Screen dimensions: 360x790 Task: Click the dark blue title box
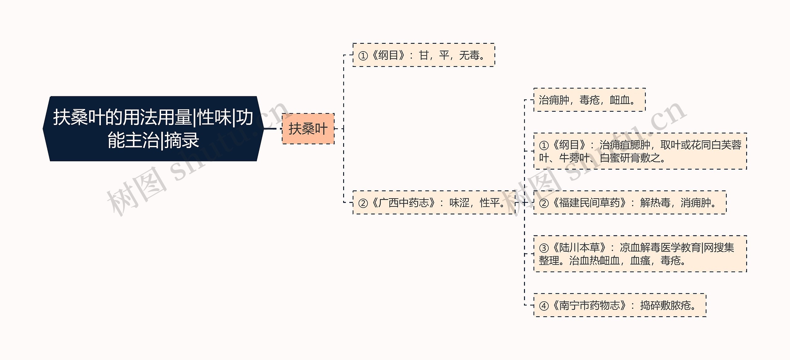(x=153, y=129)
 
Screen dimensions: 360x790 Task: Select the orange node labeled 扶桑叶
(x=308, y=129)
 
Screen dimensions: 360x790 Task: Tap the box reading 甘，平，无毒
(x=423, y=55)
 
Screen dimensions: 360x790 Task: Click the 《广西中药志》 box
(x=434, y=203)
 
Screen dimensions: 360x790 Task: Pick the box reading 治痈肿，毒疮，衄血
(x=589, y=100)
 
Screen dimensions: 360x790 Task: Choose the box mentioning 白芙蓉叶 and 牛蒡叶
(x=640, y=151)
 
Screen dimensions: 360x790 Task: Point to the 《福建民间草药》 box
(x=630, y=203)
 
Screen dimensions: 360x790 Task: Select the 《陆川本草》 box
(x=640, y=254)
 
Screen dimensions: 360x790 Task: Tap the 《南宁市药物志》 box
(x=620, y=305)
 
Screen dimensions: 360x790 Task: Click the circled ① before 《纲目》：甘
(x=363, y=56)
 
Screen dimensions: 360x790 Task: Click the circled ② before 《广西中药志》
(x=363, y=203)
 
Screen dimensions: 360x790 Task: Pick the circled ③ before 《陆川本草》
(x=544, y=248)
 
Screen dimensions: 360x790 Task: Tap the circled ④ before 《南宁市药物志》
(x=544, y=306)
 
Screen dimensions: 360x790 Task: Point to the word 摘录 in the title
(x=182, y=140)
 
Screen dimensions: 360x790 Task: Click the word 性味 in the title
(x=214, y=118)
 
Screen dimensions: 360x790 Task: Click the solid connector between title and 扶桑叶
(x=270, y=129)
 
